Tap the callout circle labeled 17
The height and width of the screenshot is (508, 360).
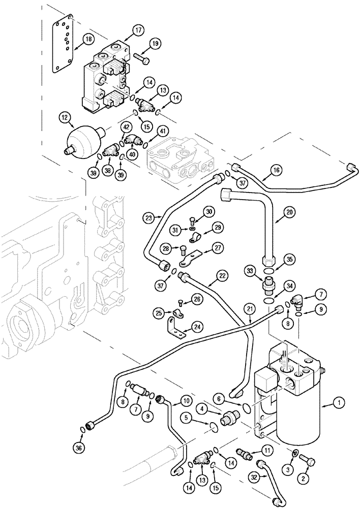[x=139, y=29]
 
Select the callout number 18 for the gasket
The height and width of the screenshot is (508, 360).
[x=88, y=39]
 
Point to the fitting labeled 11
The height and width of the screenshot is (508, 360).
[x=244, y=451]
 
